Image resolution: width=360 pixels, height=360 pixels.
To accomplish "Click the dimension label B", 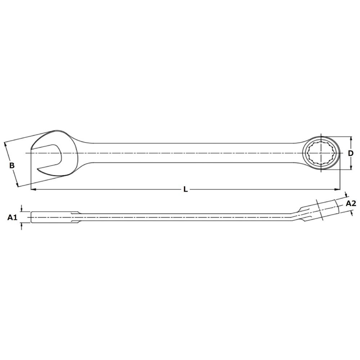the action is [x=12, y=165].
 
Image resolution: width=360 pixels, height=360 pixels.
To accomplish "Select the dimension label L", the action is [x=185, y=189].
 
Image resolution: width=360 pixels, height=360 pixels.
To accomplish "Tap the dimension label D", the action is [x=350, y=153].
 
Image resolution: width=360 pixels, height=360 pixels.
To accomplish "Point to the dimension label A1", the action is [x=12, y=217].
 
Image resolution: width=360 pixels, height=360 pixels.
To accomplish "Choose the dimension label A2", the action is [x=351, y=203].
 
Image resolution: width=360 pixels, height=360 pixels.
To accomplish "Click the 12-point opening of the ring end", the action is [x=321, y=153].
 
